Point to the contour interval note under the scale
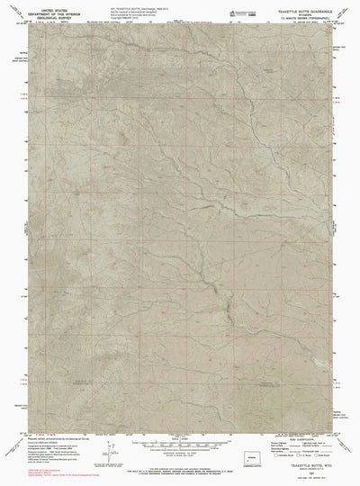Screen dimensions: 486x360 click(180, 454)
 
